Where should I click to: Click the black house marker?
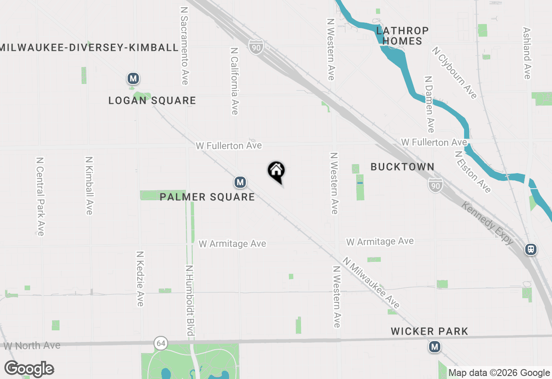pyautogui.click(x=276, y=171)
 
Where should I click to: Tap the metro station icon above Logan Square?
pyautogui.click(x=133, y=79)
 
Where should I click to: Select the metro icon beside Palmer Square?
pyautogui.click(x=240, y=183)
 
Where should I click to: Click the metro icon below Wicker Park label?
pyautogui.click(x=434, y=347)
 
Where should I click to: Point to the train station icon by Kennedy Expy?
pyautogui.click(x=531, y=249)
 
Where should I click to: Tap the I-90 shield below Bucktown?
pyautogui.click(x=436, y=186)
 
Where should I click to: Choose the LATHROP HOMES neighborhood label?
pyautogui.click(x=402, y=36)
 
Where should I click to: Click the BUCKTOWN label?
pyautogui.click(x=402, y=167)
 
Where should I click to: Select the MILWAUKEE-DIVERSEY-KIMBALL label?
pyautogui.click(x=89, y=47)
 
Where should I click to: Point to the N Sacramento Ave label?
pyautogui.click(x=185, y=46)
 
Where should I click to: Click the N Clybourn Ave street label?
pyautogui.click(x=455, y=73)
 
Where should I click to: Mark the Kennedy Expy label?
pyautogui.click(x=487, y=223)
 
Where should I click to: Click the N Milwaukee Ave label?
pyautogui.click(x=371, y=283)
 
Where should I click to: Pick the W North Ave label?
pyautogui.click(x=32, y=346)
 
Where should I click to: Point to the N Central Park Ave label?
pyautogui.click(x=40, y=196)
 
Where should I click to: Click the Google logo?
pyautogui.click(x=29, y=369)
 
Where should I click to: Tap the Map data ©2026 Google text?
pyautogui.click(x=499, y=373)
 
